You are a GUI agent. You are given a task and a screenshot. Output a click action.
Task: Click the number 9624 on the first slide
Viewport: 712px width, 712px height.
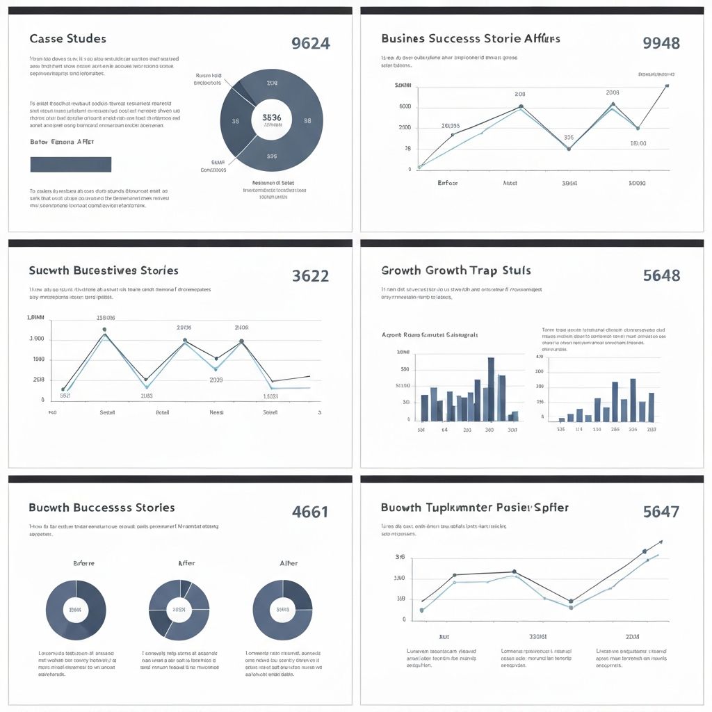click(311, 43)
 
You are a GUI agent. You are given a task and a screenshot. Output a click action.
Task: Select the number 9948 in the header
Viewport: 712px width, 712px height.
click(661, 43)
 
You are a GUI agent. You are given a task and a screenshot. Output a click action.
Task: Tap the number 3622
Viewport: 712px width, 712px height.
click(310, 275)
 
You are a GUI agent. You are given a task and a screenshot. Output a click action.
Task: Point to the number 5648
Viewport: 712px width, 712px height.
click(661, 275)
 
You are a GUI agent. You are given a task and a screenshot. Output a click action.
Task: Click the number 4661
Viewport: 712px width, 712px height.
click(310, 512)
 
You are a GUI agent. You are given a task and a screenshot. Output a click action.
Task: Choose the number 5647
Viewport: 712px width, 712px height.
click(661, 512)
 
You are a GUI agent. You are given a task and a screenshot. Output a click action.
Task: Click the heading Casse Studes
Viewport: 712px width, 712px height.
click(68, 39)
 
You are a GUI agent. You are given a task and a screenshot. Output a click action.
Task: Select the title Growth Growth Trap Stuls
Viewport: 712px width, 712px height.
click(456, 270)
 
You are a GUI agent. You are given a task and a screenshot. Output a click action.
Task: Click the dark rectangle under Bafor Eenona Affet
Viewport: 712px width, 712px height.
click(71, 164)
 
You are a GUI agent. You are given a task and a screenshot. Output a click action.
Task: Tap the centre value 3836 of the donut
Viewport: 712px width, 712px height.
click(272, 118)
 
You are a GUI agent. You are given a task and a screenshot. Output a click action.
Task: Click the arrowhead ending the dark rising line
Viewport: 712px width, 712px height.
click(661, 541)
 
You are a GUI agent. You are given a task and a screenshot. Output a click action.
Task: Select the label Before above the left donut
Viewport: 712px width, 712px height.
click(83, 563)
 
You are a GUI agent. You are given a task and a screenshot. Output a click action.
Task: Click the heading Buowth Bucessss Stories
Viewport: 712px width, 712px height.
click(102, 508)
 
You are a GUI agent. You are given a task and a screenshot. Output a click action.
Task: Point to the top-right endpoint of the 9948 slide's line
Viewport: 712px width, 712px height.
click(667, 86)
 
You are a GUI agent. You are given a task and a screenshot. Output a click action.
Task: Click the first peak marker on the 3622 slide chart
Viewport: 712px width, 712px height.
click(104, 330)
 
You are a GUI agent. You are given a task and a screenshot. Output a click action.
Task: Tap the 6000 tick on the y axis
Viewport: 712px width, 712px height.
click(405, 106)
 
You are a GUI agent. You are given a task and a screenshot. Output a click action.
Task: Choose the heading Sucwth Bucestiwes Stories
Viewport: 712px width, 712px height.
click(104, 270)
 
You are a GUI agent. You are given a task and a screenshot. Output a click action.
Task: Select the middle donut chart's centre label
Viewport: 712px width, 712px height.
click(179, 610)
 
